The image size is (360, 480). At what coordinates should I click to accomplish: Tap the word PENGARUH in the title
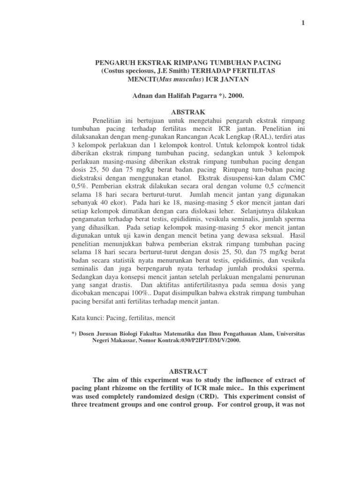point(116,62)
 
